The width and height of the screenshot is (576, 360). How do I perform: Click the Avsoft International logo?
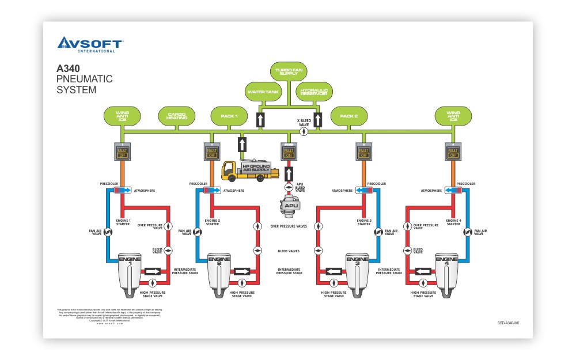[90, 44]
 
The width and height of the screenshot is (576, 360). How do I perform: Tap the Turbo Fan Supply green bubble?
[289, 72]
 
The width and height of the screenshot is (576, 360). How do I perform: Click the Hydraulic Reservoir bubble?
[314, 92]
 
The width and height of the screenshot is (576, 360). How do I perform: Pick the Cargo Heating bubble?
[177, 116]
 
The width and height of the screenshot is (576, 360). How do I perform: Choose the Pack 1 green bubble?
[230, 116]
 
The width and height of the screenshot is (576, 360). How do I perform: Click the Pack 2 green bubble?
[349, 116]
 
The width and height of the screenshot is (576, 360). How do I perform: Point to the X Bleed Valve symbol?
[304, 131]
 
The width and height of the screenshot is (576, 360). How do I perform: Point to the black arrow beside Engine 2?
[242, 271]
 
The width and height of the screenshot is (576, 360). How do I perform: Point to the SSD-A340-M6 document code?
[508, 323]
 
